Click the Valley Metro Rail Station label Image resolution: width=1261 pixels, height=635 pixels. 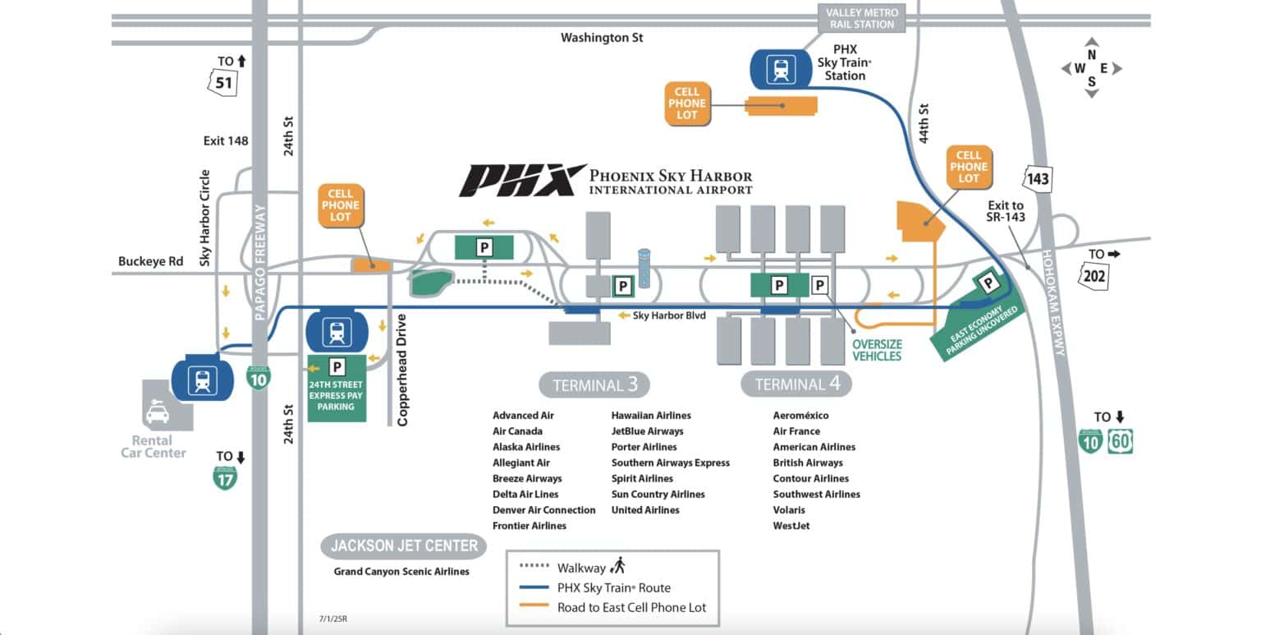tap(860, 19)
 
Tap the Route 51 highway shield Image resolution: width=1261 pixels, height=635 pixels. tap(223, 83)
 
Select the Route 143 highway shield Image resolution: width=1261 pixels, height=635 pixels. tap(1038, 179)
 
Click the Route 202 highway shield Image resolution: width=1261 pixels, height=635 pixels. tap(1094, 276)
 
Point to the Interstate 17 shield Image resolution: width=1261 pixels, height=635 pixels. tap(225, 478)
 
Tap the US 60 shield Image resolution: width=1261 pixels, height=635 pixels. tap(1120, 441)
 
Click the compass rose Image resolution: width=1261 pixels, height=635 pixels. tap(1091, 68)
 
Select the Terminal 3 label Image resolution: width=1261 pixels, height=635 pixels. tap(594, 384)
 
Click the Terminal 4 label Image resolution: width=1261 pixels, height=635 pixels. tap(796, 384)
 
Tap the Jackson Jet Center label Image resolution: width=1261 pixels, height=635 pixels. tap(404, 545)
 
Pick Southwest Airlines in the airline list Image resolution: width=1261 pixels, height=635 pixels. tap(816, 495)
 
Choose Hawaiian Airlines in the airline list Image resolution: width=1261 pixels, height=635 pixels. tap(651, 416)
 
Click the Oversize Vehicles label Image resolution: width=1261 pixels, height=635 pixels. tap(876, 350)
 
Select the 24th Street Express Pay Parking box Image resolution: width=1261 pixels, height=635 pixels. tap(337, 388)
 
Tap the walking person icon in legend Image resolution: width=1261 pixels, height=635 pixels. tap(618, 565)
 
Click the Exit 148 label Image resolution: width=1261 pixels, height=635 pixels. tap(226, 141)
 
